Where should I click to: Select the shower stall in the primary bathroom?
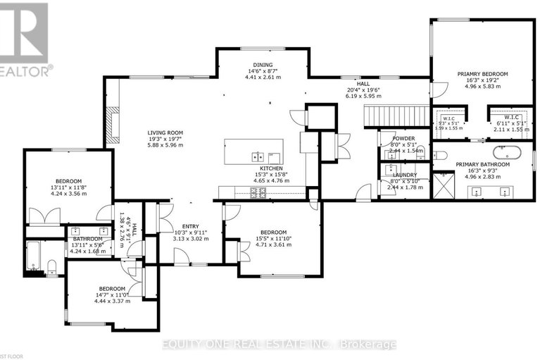443,185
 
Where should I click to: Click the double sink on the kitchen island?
258,156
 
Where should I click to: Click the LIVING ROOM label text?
165,132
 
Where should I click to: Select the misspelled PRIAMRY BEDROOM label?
482,74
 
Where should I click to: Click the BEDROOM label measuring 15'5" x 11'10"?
272,232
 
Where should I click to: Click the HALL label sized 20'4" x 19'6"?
363,83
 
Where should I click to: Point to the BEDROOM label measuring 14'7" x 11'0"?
112,289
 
